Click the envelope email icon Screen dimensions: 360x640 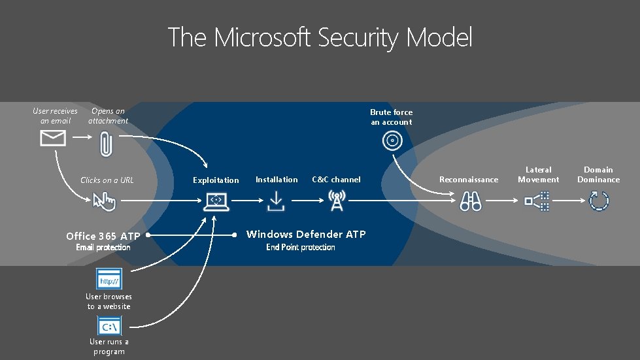(x=53, y=138)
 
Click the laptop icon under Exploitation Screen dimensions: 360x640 (x=216, y=201)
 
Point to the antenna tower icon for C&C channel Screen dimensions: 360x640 (x=337, y=201)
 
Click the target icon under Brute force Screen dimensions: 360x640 (x=392, y=139)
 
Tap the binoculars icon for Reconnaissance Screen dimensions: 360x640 (x=470, y=201)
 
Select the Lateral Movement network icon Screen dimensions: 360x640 (x=537, y=199)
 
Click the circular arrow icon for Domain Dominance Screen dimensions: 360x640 (x=599, y=200)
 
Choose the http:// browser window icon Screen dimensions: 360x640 (x=109, y=280)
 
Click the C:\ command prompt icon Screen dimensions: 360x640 (x=109, y=325)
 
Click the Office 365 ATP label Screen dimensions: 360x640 (x=103, y=236)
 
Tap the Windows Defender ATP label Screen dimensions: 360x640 (x=305, y=234)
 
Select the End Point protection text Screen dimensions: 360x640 (x=301, y=247)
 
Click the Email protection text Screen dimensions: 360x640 (x=103, y=247)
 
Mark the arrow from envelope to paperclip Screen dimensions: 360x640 (x=81, y=138)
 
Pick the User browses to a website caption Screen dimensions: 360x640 (x=109, y=301)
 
